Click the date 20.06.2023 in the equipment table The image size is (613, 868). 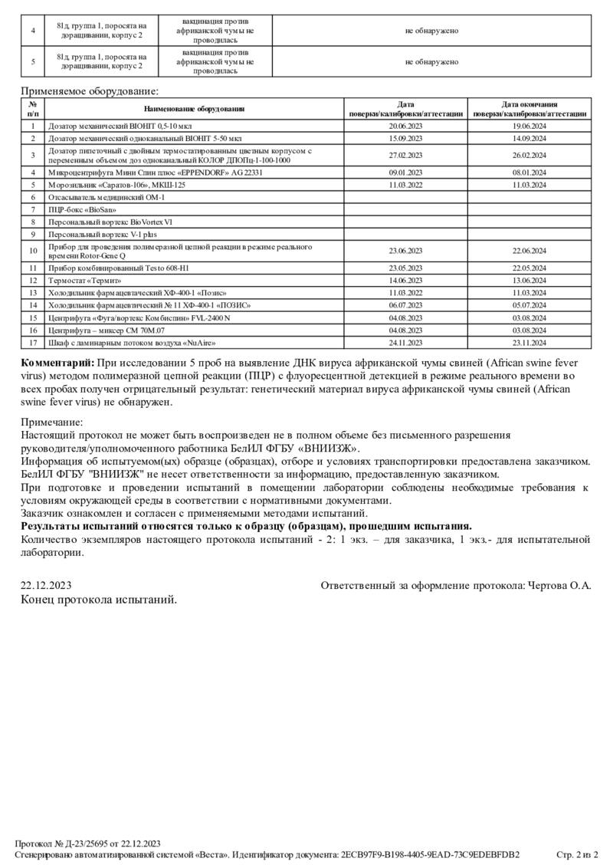[406, 126]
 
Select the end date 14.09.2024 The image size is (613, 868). [529, 138]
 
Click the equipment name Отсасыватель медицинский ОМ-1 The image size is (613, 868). [107, 197]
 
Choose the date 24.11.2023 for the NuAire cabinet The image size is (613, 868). [406, 342]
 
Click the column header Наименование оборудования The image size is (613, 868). [194, 109]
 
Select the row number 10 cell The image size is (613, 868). [33, 251]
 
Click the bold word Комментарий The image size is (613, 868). [57, 362]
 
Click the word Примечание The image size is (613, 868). [51, 422]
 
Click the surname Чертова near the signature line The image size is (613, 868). [551, 586]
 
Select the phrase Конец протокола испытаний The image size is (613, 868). [99, 599]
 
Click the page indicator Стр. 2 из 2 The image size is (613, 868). [576, 854]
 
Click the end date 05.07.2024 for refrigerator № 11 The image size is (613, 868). [529, 304]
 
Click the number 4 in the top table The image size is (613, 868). [33, 31]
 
